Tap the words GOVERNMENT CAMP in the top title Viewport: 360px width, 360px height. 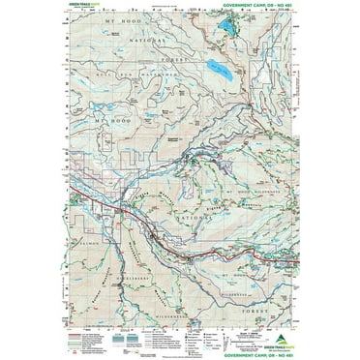pos(249,9)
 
